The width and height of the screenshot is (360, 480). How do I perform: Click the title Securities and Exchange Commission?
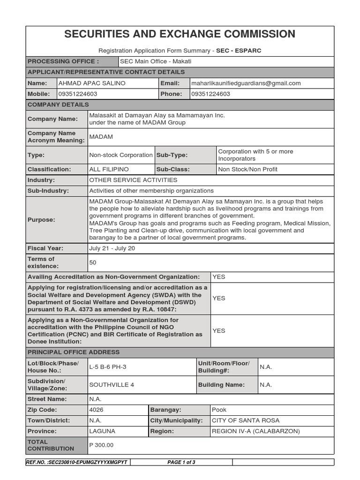tap(180, 34)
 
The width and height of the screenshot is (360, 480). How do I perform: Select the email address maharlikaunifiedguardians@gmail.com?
tap(246, 83)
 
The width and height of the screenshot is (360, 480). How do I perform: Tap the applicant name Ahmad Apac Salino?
tap(92, 83)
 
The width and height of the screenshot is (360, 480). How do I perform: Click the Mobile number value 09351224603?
tap(78, 94)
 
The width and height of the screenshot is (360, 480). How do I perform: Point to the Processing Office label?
tap(63, 61)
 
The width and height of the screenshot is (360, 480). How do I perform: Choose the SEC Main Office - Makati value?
tap(156, 61)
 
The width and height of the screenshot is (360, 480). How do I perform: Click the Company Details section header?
tap(58, 105)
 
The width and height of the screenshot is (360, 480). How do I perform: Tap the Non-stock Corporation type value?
tap(120, 155)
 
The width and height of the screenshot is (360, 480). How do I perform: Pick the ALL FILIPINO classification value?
tap(109, 169)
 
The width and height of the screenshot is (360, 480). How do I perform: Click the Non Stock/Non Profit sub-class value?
tap(247, 169)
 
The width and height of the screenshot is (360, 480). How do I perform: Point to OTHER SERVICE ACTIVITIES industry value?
tap(133, 180)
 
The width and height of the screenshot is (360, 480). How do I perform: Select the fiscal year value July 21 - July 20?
tap(112, 248)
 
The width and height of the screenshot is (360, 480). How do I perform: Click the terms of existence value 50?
tap(93, 262)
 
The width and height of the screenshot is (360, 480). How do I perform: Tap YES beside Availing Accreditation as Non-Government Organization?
tap(219, 277)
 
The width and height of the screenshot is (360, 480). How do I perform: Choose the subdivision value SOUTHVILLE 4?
tap(112, 385)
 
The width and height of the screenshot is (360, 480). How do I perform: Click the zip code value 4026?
tap(97, 410)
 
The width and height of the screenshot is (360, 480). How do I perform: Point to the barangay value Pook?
tap(219, 410)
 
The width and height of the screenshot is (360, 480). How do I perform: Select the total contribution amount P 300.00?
tap(101, 445)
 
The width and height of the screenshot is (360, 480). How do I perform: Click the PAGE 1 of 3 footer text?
tap(181, 462)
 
